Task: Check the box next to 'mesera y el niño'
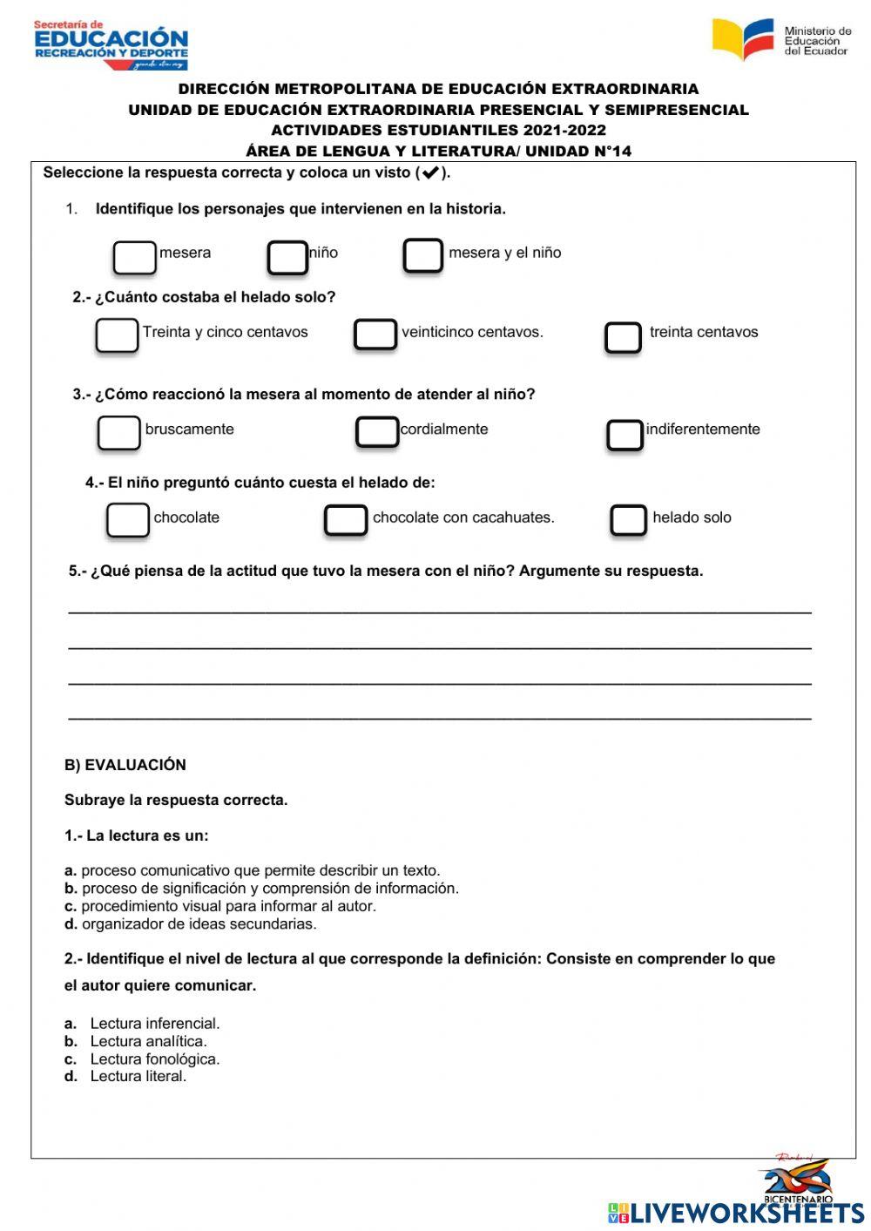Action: (x=423, y=256)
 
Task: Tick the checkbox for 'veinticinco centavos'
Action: (x=375, y=335)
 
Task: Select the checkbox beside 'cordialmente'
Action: (x=377, y=432)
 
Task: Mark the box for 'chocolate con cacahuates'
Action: (x=346, y=520)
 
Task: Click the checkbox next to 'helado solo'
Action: (x=628, y=520)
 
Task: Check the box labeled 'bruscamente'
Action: (x=118, y=433)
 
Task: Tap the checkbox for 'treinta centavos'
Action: (x=623, y=338)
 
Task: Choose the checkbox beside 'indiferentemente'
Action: (x=625, y=436)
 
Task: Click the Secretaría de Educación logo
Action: (x=111, y=44)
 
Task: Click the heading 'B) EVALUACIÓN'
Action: (x=125, y=765)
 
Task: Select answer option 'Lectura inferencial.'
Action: (x=154, y=1024)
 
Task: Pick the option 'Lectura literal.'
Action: (x=138, y=1077)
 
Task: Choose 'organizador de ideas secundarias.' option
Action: (x=199, y=923)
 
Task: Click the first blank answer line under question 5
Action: (x=439, y=611)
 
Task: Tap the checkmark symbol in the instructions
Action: (x=429, y=172)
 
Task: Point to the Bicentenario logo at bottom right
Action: (x=797, y=1179)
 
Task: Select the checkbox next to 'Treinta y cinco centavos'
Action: (x=117, y=335)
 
